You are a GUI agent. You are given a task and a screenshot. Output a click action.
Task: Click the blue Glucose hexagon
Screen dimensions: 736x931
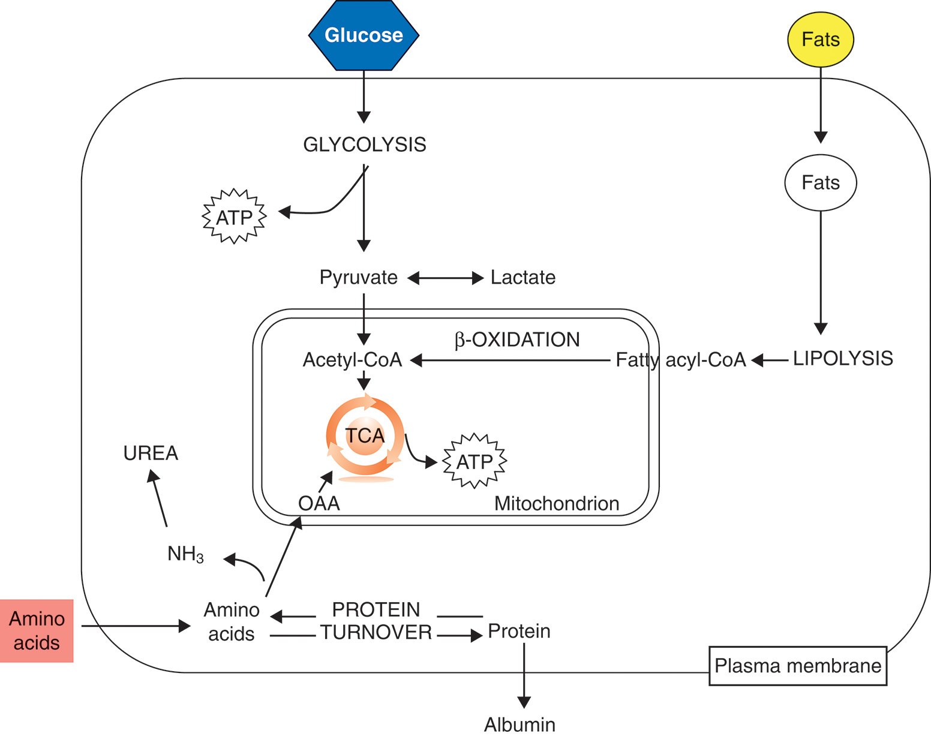[x=364, y=35]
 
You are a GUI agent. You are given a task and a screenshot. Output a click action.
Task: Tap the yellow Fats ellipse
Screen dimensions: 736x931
[x=820, y=40]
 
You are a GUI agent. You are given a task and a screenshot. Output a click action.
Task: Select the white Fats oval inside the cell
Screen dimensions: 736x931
[x=820, y=182]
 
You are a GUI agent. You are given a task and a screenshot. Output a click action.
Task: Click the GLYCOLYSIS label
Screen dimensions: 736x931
[x=364, y=145]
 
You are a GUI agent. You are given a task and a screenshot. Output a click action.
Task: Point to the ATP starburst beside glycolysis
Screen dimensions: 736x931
[x=234, y=217]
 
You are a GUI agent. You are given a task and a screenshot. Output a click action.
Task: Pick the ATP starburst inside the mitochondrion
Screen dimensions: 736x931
[x=474, y=461]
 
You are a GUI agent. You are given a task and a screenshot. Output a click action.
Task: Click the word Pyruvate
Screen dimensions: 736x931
[x=358, y=277]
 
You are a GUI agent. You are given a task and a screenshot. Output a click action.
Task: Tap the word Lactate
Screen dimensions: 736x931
[x=522, y=277]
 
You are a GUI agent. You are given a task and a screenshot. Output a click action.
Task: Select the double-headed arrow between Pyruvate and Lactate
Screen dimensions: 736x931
[x=445, y=278]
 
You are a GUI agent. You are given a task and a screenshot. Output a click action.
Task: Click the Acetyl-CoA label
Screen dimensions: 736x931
[x=352, y=359]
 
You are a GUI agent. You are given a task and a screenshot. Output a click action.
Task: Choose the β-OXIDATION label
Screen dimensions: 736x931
[x=517, y=340]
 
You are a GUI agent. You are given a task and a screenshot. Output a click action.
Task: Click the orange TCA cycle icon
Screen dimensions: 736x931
[x=365, y=436]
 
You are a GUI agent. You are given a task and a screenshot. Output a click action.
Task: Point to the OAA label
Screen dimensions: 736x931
[x=319, y=503]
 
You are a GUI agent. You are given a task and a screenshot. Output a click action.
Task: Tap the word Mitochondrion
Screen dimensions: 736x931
[x=556, y=503]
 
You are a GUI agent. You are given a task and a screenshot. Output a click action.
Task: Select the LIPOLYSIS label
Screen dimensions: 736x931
[x=843, y=358]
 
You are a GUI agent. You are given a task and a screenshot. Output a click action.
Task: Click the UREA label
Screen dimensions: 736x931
[x=151, y=453]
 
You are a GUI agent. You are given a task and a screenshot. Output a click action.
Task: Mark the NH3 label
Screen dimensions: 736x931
[x=185, y=554]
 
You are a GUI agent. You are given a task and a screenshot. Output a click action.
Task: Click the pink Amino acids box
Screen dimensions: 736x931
[x=37, y=630]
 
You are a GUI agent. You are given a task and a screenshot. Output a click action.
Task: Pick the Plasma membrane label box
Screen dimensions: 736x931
[x=797, y=665]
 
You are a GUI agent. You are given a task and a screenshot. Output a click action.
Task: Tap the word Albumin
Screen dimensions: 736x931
[x=519, y=725]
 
